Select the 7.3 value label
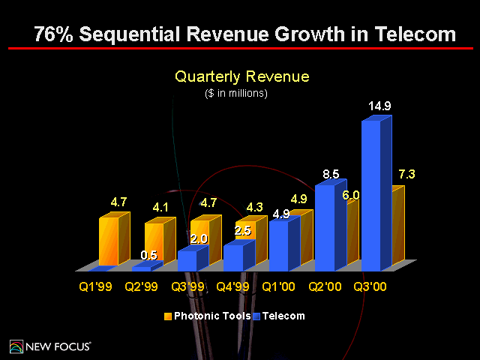coord(406,174)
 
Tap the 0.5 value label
coord(150,255)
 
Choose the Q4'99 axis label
coord(232,286)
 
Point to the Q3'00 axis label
coord(370,286)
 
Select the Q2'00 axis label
coord(324,286)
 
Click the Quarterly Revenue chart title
coord(241,76)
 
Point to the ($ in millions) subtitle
coord(236,94)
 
